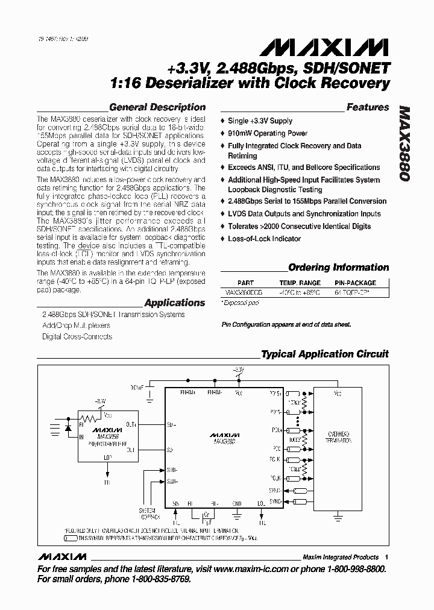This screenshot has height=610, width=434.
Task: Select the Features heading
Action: tap(368, 107)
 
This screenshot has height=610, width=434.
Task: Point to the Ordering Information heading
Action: tap(339, 268)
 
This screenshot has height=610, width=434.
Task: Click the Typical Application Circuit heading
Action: tap(325, 354)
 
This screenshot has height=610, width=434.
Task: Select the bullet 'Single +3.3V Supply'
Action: tap(260, 121)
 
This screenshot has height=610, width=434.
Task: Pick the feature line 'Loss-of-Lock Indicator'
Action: tap(264, 239)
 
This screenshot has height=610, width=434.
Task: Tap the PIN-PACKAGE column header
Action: tap(355, 283)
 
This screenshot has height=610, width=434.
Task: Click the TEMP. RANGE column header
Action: tap(300, 283)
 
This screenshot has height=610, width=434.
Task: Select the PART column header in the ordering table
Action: tap(246, 283)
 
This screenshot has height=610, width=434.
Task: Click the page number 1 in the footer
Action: tap(386, 557)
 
